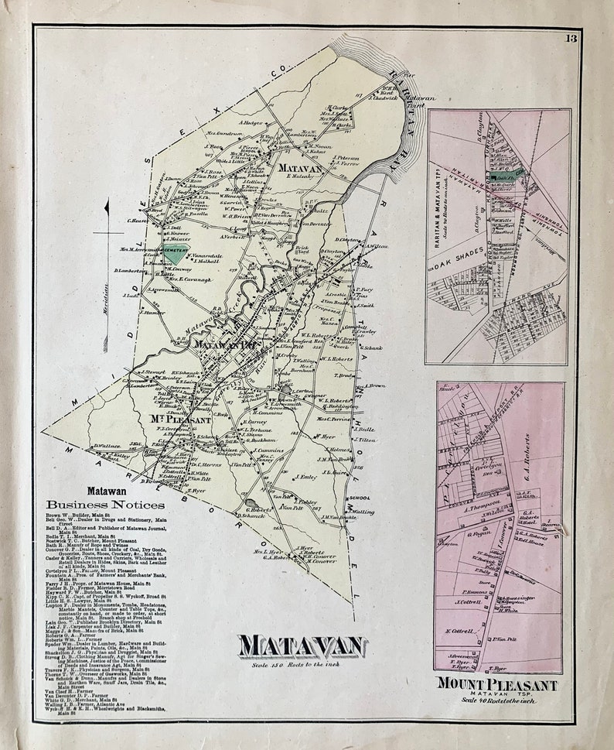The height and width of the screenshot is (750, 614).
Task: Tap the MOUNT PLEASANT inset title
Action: pos(496,684)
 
